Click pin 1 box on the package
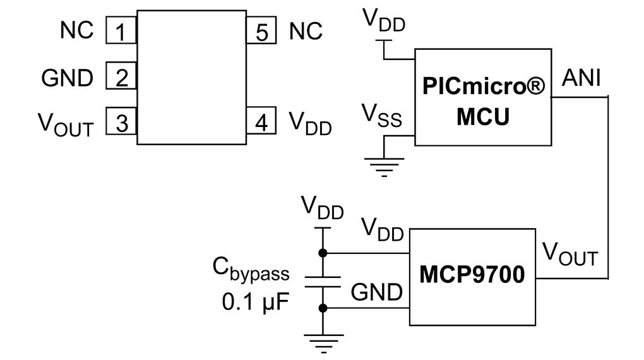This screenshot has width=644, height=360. click(121, 31)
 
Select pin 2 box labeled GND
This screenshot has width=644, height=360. click(121, 77)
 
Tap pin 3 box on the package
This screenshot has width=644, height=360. click(121, 122)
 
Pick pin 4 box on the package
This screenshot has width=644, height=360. click(262, 121)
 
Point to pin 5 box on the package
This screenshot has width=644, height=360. click(262, 31)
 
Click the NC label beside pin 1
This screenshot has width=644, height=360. click(77, 30)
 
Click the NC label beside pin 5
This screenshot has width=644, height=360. click(306, 30)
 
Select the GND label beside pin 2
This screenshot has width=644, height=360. click(67, 78)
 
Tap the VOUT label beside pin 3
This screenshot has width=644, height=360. click(66, 124)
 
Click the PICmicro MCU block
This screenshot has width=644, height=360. click(482, 98)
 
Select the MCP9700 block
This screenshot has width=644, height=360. click(472, 277)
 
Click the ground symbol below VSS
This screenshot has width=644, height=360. click(385, 165)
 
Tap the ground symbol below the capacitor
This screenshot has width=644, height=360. click(323, 344)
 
